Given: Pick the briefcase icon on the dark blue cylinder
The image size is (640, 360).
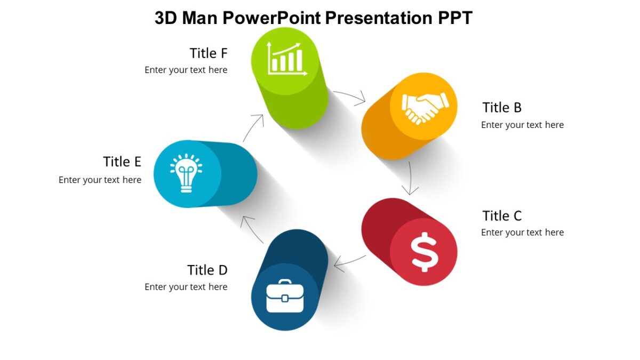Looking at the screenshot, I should tap(285, 297).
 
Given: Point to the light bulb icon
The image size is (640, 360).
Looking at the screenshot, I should tap(186, 173).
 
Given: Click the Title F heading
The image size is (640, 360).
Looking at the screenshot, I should tap(209, 53).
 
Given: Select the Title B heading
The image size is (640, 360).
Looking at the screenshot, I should tap(502, 108).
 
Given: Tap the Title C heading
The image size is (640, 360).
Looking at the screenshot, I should tap(502, 216).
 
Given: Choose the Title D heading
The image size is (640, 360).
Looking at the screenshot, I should tap(207, 270).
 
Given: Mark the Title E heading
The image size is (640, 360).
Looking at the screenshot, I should tap(122, 162).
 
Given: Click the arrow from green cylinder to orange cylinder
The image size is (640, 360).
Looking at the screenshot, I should tap(350, 97).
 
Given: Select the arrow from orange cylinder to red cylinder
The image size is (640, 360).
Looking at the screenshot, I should tap(411, 178).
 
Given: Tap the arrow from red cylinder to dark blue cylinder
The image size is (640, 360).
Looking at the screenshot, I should tap(350, 262).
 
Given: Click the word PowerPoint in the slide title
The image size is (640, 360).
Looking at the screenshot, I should tap(271, 18).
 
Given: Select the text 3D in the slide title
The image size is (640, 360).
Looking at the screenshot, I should tap(166, 18).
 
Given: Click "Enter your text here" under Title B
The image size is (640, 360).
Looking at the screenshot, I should tap(522, 125).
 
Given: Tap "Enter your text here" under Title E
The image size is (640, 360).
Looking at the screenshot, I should tap(100, 180).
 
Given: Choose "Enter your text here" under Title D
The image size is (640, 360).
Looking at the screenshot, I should tap(186, 287).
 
